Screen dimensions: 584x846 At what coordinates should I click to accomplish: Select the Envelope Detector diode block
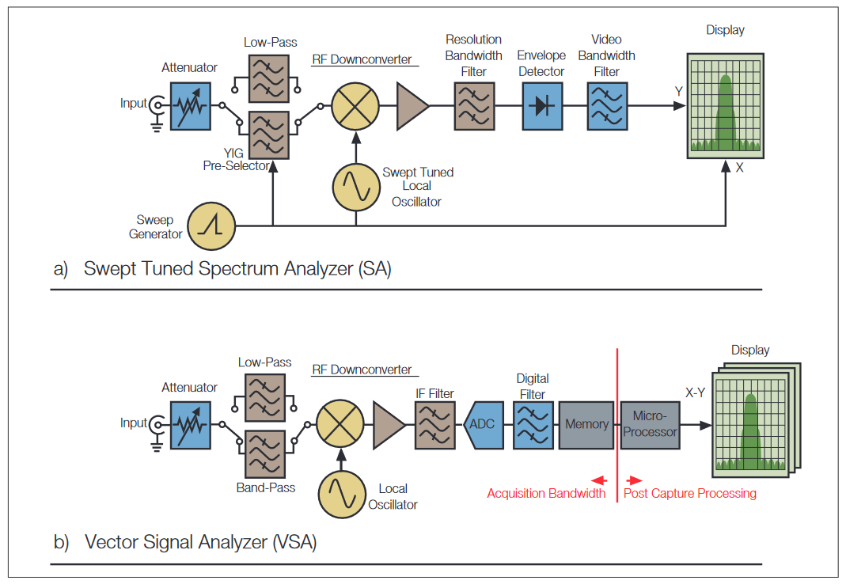click(x=542, y=106)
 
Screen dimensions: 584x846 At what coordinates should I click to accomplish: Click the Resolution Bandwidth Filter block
click(x=474, y=106)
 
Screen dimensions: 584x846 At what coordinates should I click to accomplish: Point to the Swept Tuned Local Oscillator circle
click(x=356, y=186)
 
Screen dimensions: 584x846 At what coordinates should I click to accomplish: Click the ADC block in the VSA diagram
click(x=482, y=425)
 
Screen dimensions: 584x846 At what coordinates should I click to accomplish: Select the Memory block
click(x=586, y=425)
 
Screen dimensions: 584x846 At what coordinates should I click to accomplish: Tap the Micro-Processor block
click(x=650, y=425)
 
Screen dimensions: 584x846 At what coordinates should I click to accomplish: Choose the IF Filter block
click(x=434, y=425)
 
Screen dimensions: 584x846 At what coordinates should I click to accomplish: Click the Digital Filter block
click(x=533, y=425)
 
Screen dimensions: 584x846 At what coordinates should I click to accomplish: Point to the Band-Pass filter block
click(x=265, y=454)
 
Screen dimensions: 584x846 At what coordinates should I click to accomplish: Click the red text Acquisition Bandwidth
click(x=546, y=494)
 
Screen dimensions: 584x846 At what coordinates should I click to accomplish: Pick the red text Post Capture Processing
click(x=690, y=494)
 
